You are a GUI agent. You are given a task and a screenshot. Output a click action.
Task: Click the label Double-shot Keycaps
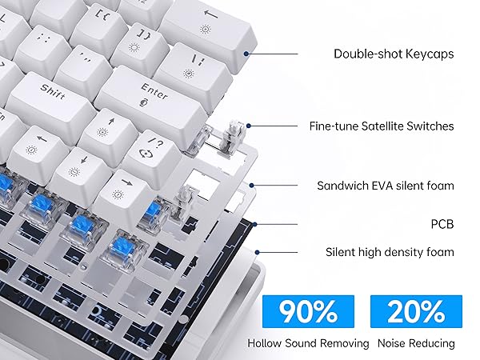tap(393, 54)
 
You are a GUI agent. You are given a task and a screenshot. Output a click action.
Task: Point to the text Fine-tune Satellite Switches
tap(382, 126)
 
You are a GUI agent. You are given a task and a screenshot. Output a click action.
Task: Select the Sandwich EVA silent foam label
tap(386, 186)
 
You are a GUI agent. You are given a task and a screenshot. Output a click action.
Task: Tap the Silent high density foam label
tap(390, 252)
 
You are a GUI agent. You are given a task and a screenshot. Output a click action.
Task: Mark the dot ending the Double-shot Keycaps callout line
tap(250, 54)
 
